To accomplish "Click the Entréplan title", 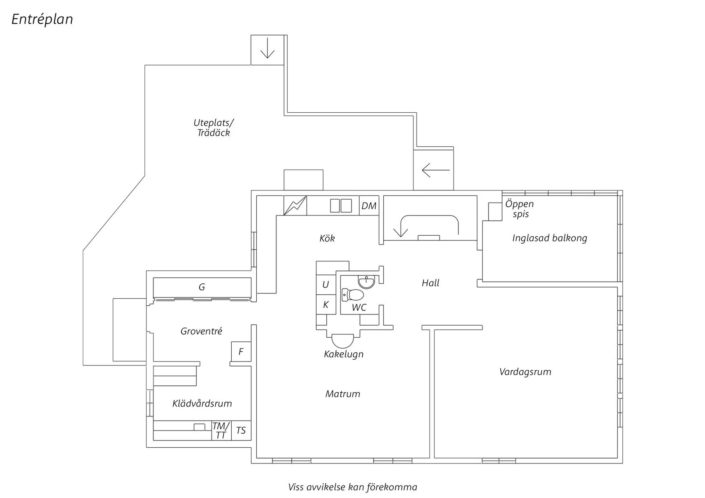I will (42, 19).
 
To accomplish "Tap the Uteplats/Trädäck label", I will (213, 128).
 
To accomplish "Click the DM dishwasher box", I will (369, 206).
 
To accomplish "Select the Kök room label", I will (327, 239).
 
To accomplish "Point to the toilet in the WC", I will (353, 294).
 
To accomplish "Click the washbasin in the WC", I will (366, 282).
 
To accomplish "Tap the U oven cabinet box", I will (326, 284).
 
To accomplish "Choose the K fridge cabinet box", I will (326, 305).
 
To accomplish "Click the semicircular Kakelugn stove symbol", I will (343, 341).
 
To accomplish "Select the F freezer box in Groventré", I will (241, 352).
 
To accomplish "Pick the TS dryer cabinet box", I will (241, 430).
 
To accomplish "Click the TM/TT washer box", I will (221, 430).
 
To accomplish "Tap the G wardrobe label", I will (202, 287).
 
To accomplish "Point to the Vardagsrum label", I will (525, 372).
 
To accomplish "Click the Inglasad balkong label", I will (549, 238).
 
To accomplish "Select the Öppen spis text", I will (519, 209).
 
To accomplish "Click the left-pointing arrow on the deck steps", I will (435, 170).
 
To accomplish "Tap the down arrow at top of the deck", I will (267, 48).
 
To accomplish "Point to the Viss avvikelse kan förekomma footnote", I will (352, 487).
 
